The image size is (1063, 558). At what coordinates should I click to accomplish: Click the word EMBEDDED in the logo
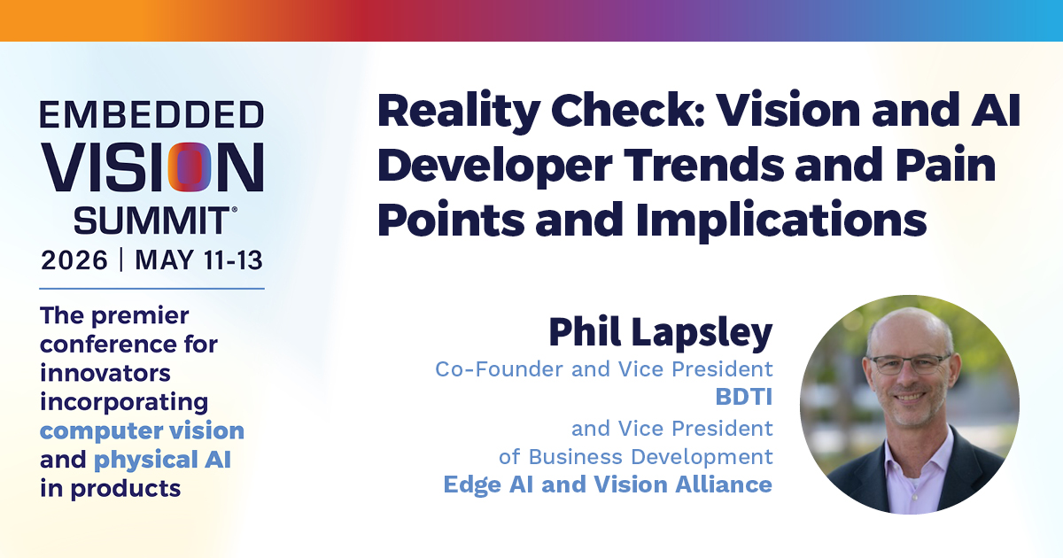click(151, 114)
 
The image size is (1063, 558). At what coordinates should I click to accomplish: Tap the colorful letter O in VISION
click(190, 167)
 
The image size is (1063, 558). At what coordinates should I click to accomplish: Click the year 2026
click(74, 260)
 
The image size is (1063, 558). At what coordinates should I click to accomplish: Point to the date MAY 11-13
click(198, 260)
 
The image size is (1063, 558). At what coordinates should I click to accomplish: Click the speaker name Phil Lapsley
click(661, 333)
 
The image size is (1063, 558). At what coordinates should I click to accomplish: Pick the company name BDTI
click(744, 397)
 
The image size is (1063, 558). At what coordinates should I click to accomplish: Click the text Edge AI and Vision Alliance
click(608, 484)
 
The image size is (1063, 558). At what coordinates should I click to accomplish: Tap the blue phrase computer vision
click(142, 431)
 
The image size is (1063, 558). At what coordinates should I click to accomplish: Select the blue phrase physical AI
click(162, 461)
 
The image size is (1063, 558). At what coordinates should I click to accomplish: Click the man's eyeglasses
click(909, 364)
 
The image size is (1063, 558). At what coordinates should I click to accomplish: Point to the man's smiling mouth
click(908, 397)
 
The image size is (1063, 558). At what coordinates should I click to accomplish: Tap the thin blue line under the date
click(151, 289)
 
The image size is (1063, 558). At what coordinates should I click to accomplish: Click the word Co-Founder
click(500, 369)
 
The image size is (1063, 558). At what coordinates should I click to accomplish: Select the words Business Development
click(650, 457)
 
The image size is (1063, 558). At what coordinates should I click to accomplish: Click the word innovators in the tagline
click(105, 373)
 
